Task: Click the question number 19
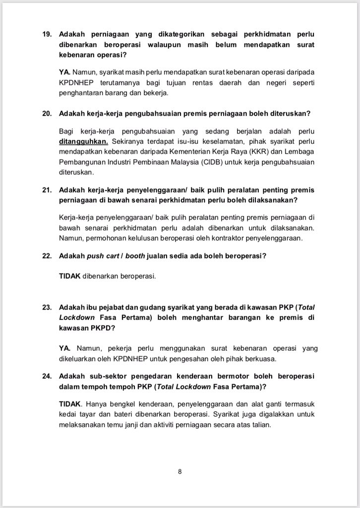click(x=46, y=35)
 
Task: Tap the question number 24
click(x=46, y=376)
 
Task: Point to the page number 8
click(x=180, y=472)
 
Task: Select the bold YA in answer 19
click(x=64, y=72)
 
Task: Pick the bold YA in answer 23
click(x=64, y=348)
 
